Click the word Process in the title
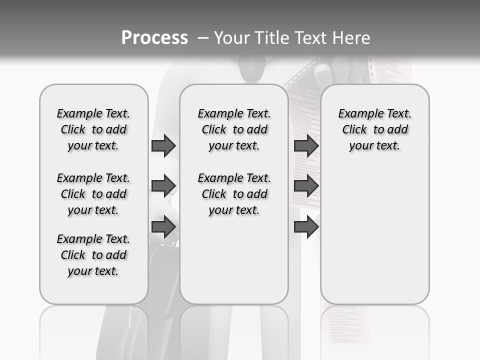click(154, 37)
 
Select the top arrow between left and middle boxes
click(163, 145)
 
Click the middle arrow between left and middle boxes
click(163, 186)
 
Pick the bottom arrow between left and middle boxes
click(163, 227)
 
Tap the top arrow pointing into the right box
click(306, 145)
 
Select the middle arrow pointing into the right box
click(306, 186)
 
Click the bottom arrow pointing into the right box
click(306, 227)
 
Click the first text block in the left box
click(93, 129)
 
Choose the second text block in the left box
click(93, 194)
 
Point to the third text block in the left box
click(93, 255)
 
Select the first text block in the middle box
click(234, 129)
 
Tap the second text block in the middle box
click(234, 194)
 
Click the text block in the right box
click(375, 129)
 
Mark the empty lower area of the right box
click(375, 235)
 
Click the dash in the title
click(203, 37)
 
